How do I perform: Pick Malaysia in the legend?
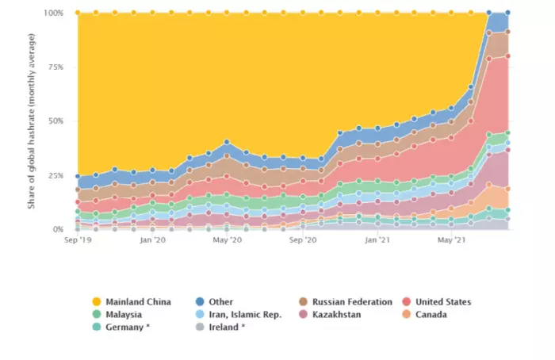(x=123, y=315)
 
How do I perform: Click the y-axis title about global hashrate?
(x=33, y=121)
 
